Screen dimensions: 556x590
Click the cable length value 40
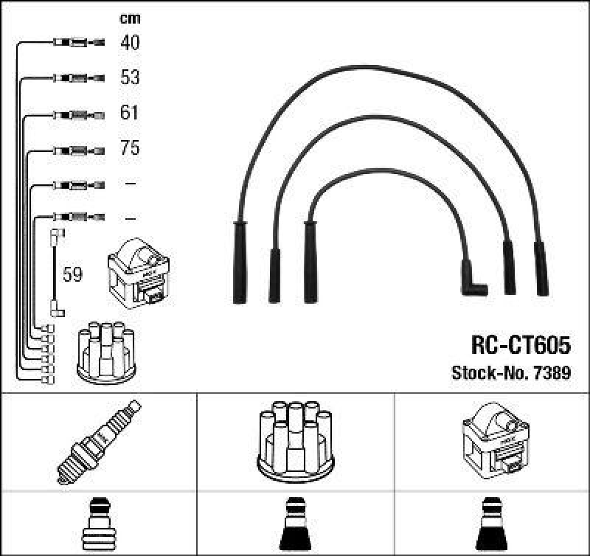[x=129, y=43]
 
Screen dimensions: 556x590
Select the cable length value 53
[x=129, y=77]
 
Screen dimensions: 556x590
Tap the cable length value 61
[x=129, y=114]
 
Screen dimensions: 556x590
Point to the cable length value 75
[x=129, y=148]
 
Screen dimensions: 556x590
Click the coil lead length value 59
[x=72, y=275]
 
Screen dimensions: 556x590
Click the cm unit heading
[x=129, y=18]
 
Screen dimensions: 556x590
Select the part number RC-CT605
[x=520, y=345]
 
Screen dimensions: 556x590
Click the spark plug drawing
[x=98, y=441]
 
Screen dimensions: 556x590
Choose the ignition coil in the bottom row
[x=492, y=440]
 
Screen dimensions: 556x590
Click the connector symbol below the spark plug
[x=98, y=524]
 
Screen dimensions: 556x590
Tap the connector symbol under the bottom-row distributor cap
[x=295, y=524]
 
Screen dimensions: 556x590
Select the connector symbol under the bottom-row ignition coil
[x=492, y=524]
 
